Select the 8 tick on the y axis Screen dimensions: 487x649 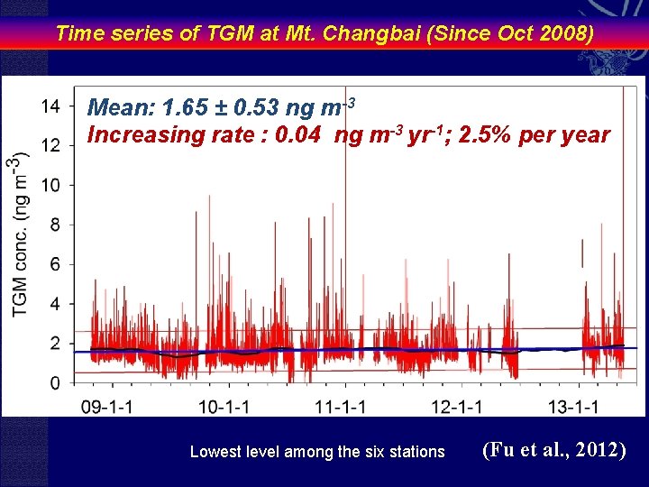56,225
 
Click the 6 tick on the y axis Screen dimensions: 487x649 56,264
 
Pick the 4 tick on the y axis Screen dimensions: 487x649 56,304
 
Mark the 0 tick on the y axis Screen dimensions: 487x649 56,383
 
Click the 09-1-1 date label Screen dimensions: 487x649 110,407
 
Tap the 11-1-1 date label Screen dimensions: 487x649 342,407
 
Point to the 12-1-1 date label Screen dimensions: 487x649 458,407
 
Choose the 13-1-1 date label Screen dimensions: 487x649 574,407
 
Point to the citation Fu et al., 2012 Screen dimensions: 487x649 554,449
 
